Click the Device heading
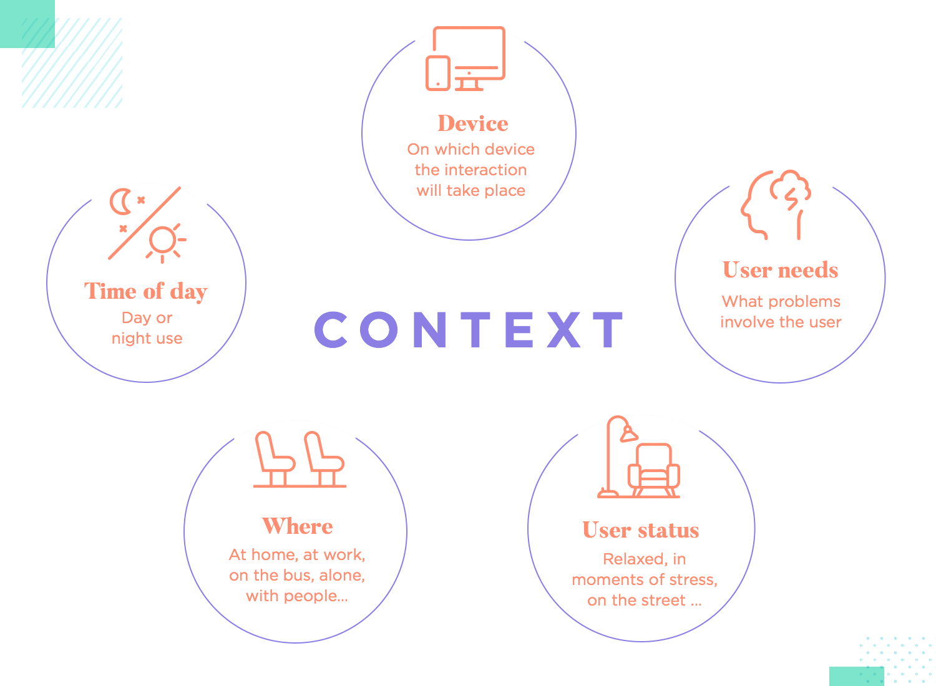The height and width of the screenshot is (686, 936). (472, 123)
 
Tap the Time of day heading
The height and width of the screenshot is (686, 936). (145, 292)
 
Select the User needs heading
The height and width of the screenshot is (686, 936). (780, 270)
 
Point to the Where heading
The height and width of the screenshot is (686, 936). (297, 526)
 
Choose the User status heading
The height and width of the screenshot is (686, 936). (640, 530)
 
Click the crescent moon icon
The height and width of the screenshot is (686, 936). (120, 201)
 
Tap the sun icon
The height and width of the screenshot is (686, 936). (163, 240)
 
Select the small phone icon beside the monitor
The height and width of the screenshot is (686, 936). (437, 73)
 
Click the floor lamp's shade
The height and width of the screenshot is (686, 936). (628, 433)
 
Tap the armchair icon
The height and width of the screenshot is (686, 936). (653, 471)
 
